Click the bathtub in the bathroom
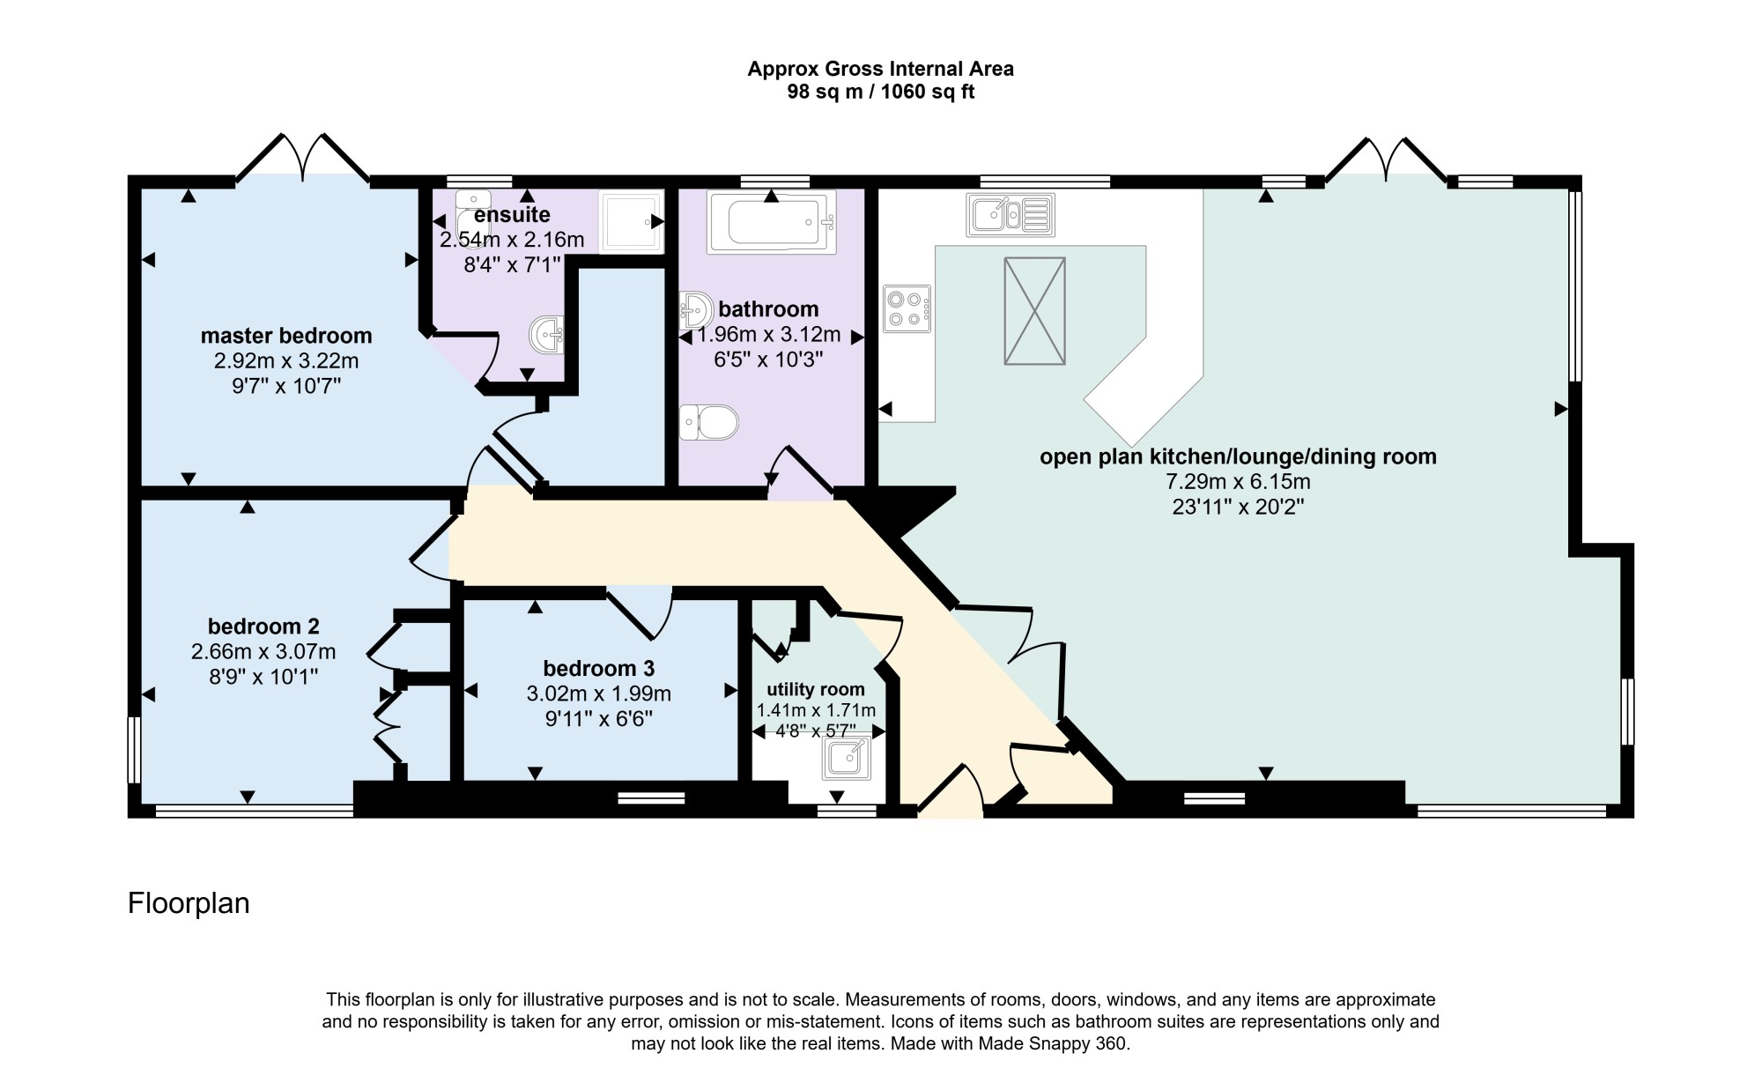click(771, 222)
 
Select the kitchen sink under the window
click(1011, 214)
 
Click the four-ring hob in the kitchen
click(907, 308)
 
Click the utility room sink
click(847, 758)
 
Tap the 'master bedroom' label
click(286, 336)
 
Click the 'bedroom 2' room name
click(263, 627)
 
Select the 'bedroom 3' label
click(599, 669)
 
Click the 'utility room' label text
click(816, 689)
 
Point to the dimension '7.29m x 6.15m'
click(1238, 482)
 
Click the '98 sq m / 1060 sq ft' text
click(881, 92)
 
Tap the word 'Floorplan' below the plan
click(189, 903)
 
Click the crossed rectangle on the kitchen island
click(1035, 310)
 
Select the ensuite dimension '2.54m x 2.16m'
click(512, 240)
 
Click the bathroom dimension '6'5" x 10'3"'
click(769, 359)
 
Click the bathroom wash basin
click(696, 310)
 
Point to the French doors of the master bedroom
click(302, 159)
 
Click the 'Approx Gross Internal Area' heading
click(881, 69)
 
